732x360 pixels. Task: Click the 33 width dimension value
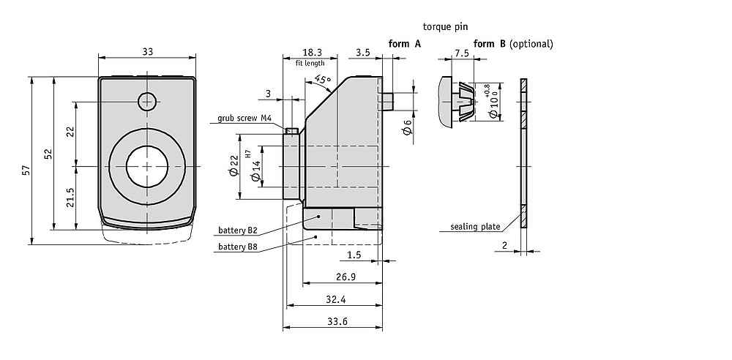click(148, 52)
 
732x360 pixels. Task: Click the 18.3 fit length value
click(310, 52)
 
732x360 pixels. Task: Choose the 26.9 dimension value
click(346, 277)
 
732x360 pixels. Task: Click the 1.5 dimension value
click(354, 255)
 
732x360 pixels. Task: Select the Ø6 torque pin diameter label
click(408, 128)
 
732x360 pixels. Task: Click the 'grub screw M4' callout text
click(244, 118)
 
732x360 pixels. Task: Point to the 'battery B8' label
click(238, 247)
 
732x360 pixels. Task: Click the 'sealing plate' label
click(475, 227)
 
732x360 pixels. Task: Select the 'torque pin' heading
click(445, 26)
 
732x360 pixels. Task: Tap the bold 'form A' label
click(405, 44)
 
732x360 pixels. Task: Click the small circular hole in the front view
click(146, 101)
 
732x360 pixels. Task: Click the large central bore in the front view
click(147, 166)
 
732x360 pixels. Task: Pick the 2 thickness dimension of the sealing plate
click(504, 244)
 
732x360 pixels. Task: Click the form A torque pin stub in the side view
click(388, 101)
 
